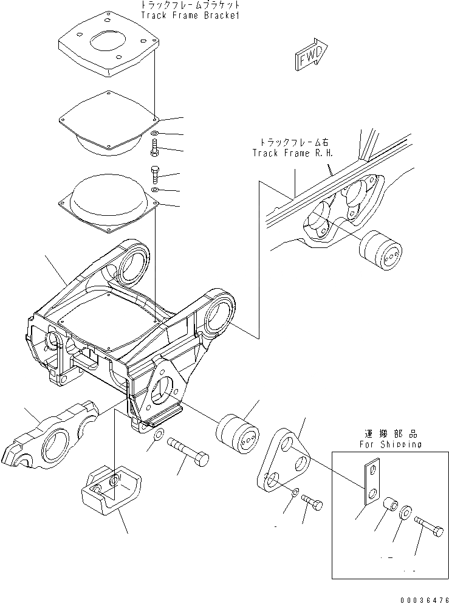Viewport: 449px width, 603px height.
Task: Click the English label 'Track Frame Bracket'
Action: pos(189,16)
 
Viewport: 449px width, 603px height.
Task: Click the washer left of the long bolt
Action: pos(157,435)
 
